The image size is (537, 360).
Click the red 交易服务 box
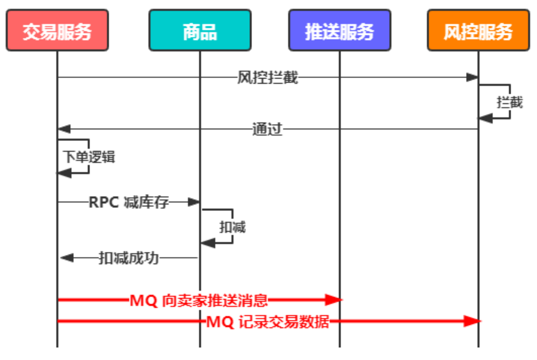[x=57, y=31]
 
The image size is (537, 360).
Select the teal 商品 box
[x=200, y=31]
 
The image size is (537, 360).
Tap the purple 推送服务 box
[x=339, y=31]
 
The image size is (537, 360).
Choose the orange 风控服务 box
[x=478, y=31]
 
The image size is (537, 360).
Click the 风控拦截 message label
[x=268, y=77]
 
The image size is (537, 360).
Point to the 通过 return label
[x=267, y=129]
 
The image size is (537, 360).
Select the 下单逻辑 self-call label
[x=89, y=157]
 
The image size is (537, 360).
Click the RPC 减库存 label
[x=129, y=202]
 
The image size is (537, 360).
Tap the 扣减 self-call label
[x=233, y=227]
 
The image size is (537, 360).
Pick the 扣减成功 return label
[x=129, y=258]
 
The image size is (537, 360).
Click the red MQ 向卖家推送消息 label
[x=199, y=300]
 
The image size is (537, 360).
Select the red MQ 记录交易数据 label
[x=268, y=322]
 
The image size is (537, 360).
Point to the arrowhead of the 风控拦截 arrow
[x=473, y=77]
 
